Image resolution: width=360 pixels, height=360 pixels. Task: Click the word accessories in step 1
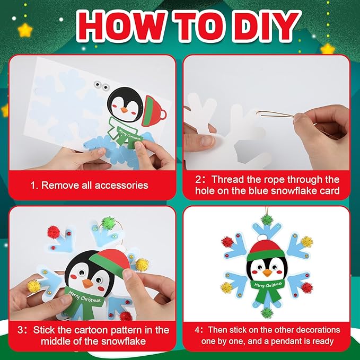pyautogui.click(x=121, y=185)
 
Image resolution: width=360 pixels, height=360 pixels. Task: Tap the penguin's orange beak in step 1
pyautogui.click(x=124, y=110)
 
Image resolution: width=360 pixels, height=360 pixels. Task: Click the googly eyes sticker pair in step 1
pyautogui.click(x=101, y=85)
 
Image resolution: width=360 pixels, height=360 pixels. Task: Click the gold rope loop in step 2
pyautogui.click(x=276, y=114)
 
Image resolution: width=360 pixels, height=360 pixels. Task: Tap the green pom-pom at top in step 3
pyautogui.click(x=108, y=223)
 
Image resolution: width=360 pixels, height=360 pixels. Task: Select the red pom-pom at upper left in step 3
pyautogui.click(x=53, y=232)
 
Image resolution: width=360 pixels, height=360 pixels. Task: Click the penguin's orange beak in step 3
pyautogui.click(x=87, y=284)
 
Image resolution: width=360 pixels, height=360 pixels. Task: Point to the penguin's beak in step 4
pyautogui.click(x=267, y=273)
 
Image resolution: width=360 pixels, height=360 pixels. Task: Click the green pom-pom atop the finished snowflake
pyautogui.click(x=267, y=219)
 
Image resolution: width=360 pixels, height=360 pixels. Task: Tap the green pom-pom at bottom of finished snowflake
pyautogui.click(x=267, y=313)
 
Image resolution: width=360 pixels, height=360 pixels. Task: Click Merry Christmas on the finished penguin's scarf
pyautogui.click(x=268, y=285)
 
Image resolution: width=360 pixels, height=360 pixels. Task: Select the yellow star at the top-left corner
pyautogui.click(x=25, y=30)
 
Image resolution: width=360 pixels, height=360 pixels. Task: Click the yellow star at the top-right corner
pyautogui.click(x=328, y=49)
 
